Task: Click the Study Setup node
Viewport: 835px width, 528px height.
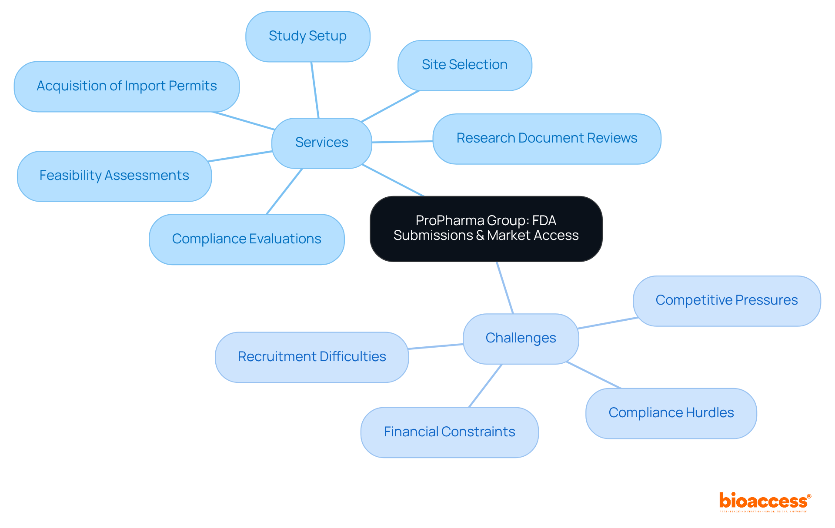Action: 307,37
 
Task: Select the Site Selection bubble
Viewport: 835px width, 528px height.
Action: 464,65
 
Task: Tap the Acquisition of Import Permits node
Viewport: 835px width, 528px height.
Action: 127,86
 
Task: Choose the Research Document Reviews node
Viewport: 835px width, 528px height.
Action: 547,139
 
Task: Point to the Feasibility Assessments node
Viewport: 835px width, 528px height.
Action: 114,176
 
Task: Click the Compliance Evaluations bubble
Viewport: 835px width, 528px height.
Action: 247,239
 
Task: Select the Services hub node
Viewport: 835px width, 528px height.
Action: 321,143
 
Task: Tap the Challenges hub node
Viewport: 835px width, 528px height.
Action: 521,339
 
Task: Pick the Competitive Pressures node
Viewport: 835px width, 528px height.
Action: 726,301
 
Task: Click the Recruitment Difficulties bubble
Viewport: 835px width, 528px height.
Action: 311,357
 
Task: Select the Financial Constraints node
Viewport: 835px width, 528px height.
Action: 449,432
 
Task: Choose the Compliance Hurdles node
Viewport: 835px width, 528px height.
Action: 671,413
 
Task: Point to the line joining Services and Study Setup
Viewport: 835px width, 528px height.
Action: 315,90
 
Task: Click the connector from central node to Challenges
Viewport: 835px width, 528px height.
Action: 505,288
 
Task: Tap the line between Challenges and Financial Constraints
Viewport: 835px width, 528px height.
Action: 485,385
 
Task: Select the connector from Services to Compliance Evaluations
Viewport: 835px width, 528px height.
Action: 284,191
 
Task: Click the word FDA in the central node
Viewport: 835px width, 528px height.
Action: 544,221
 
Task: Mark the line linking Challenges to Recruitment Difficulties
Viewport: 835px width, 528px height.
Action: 435,346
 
